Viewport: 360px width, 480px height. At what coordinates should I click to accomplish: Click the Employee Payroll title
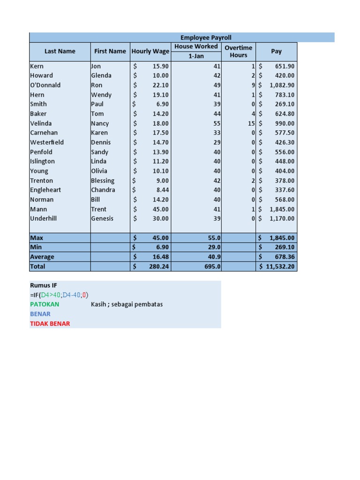pos(206,37)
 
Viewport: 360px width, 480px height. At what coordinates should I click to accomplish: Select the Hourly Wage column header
pos(150,52)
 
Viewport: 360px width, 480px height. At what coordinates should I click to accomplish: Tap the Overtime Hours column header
pos(238,52)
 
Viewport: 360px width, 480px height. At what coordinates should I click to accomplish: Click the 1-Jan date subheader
pos(196,56)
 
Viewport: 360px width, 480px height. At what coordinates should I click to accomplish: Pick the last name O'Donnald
pos(45,85)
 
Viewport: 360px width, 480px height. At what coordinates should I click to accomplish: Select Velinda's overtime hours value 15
pos(251,123)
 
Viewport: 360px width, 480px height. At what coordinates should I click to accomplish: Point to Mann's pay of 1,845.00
pos(282,209)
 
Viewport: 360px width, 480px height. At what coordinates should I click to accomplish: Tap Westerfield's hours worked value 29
pos(217,142)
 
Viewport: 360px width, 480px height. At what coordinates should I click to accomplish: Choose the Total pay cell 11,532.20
pos(280,266)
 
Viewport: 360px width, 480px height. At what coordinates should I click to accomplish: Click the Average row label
pos(42,257)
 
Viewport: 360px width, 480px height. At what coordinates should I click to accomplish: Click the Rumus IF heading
pos(44,285)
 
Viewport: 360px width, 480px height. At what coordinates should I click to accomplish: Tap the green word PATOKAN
pos(45,304)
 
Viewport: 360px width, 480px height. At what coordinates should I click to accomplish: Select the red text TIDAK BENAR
pos(50,323)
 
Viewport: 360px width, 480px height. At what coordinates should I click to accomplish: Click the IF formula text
pos(59,295)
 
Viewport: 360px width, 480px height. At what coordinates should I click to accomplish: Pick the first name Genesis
pos(102,218)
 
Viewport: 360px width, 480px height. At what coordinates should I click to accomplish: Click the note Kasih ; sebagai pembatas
pos(127,304)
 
